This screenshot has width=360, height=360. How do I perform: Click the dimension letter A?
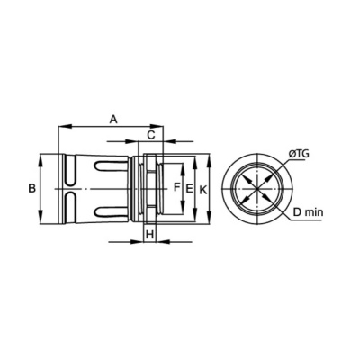coord(113,119)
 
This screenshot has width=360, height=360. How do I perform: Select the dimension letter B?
coord(31,189)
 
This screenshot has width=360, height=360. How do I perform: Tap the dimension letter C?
coord(151,135)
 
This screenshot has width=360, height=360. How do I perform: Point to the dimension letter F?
coord(177,187)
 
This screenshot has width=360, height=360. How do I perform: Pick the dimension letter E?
coord(189,189)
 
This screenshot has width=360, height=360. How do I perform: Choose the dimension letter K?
coord(203,190)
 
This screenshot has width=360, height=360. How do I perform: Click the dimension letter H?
coord(150,234)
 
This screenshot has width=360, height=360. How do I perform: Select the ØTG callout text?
coord(299,154)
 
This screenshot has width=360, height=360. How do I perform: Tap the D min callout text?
coord(308,212)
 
